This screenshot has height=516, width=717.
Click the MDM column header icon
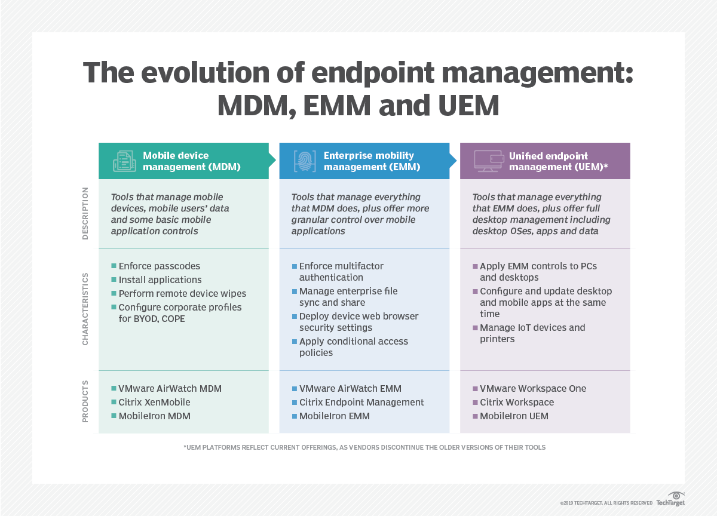point(124,161)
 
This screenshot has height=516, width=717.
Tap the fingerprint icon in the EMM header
point(304,161)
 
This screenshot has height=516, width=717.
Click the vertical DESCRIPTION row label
point(85,213)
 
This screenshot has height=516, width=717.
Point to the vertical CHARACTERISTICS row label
point(85,309)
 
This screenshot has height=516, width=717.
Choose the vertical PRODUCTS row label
point(85,401)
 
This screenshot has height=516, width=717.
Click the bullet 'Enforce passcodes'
point(159,266)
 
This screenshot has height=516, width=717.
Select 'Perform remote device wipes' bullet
point(182,294)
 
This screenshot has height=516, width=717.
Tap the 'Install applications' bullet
point(160,280)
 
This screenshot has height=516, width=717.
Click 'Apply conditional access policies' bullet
point(353,347)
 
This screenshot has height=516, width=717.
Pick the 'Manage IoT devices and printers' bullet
point(532,333)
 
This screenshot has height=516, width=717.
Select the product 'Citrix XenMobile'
point(154,403)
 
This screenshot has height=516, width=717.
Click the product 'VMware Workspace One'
point(533,389)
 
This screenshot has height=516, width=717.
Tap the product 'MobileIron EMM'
point(334,416)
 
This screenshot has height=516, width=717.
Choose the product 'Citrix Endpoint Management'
point(361,403)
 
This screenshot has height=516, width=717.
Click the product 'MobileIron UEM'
point(513,416)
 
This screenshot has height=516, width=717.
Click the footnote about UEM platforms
point(364,447)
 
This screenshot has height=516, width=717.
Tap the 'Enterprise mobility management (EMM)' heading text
point(371,161)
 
